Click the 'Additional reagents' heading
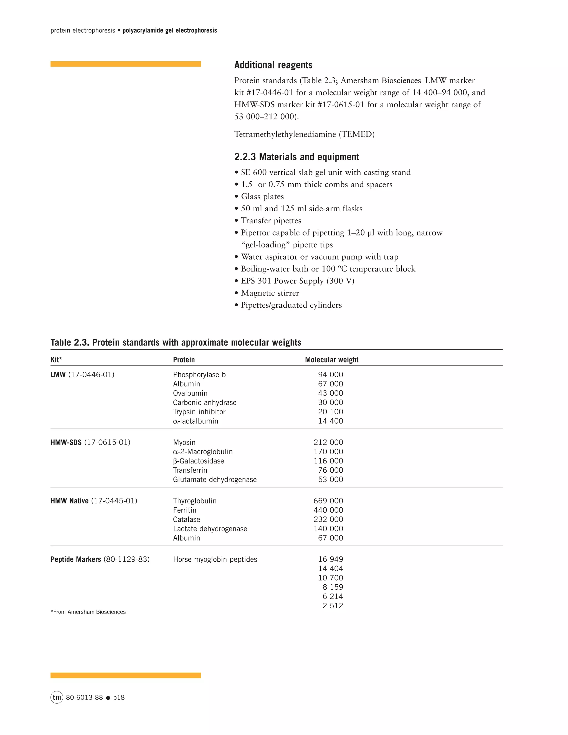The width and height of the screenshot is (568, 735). coord(273,65)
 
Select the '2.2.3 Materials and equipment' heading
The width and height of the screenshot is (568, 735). coord(296,157)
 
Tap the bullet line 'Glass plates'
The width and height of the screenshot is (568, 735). coord(262,197)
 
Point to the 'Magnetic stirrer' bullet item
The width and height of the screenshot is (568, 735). coord(270,293)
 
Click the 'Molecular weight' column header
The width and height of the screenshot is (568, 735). coord(331,360)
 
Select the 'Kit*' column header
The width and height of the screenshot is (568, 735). coord(56,360)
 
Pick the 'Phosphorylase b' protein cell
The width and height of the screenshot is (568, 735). coord(199,374)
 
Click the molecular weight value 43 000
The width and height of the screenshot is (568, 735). coord(330,393)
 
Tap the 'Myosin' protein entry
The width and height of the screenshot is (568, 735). coord(184,442)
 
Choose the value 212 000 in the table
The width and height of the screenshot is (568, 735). coord(328,442)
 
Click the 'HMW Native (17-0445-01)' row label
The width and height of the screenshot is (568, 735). coord(94,501)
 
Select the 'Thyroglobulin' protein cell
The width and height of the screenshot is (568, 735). coord(194,501)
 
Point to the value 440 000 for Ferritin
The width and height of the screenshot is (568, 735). coord(328,510)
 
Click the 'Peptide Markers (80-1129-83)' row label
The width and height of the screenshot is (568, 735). coord(100,559)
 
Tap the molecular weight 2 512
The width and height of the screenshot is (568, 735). coord(333,606)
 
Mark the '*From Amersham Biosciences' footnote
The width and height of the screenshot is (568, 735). coord(88,612)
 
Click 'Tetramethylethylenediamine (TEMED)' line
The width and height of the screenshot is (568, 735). coord(304,134)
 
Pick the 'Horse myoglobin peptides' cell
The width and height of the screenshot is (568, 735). coord(215,559)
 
